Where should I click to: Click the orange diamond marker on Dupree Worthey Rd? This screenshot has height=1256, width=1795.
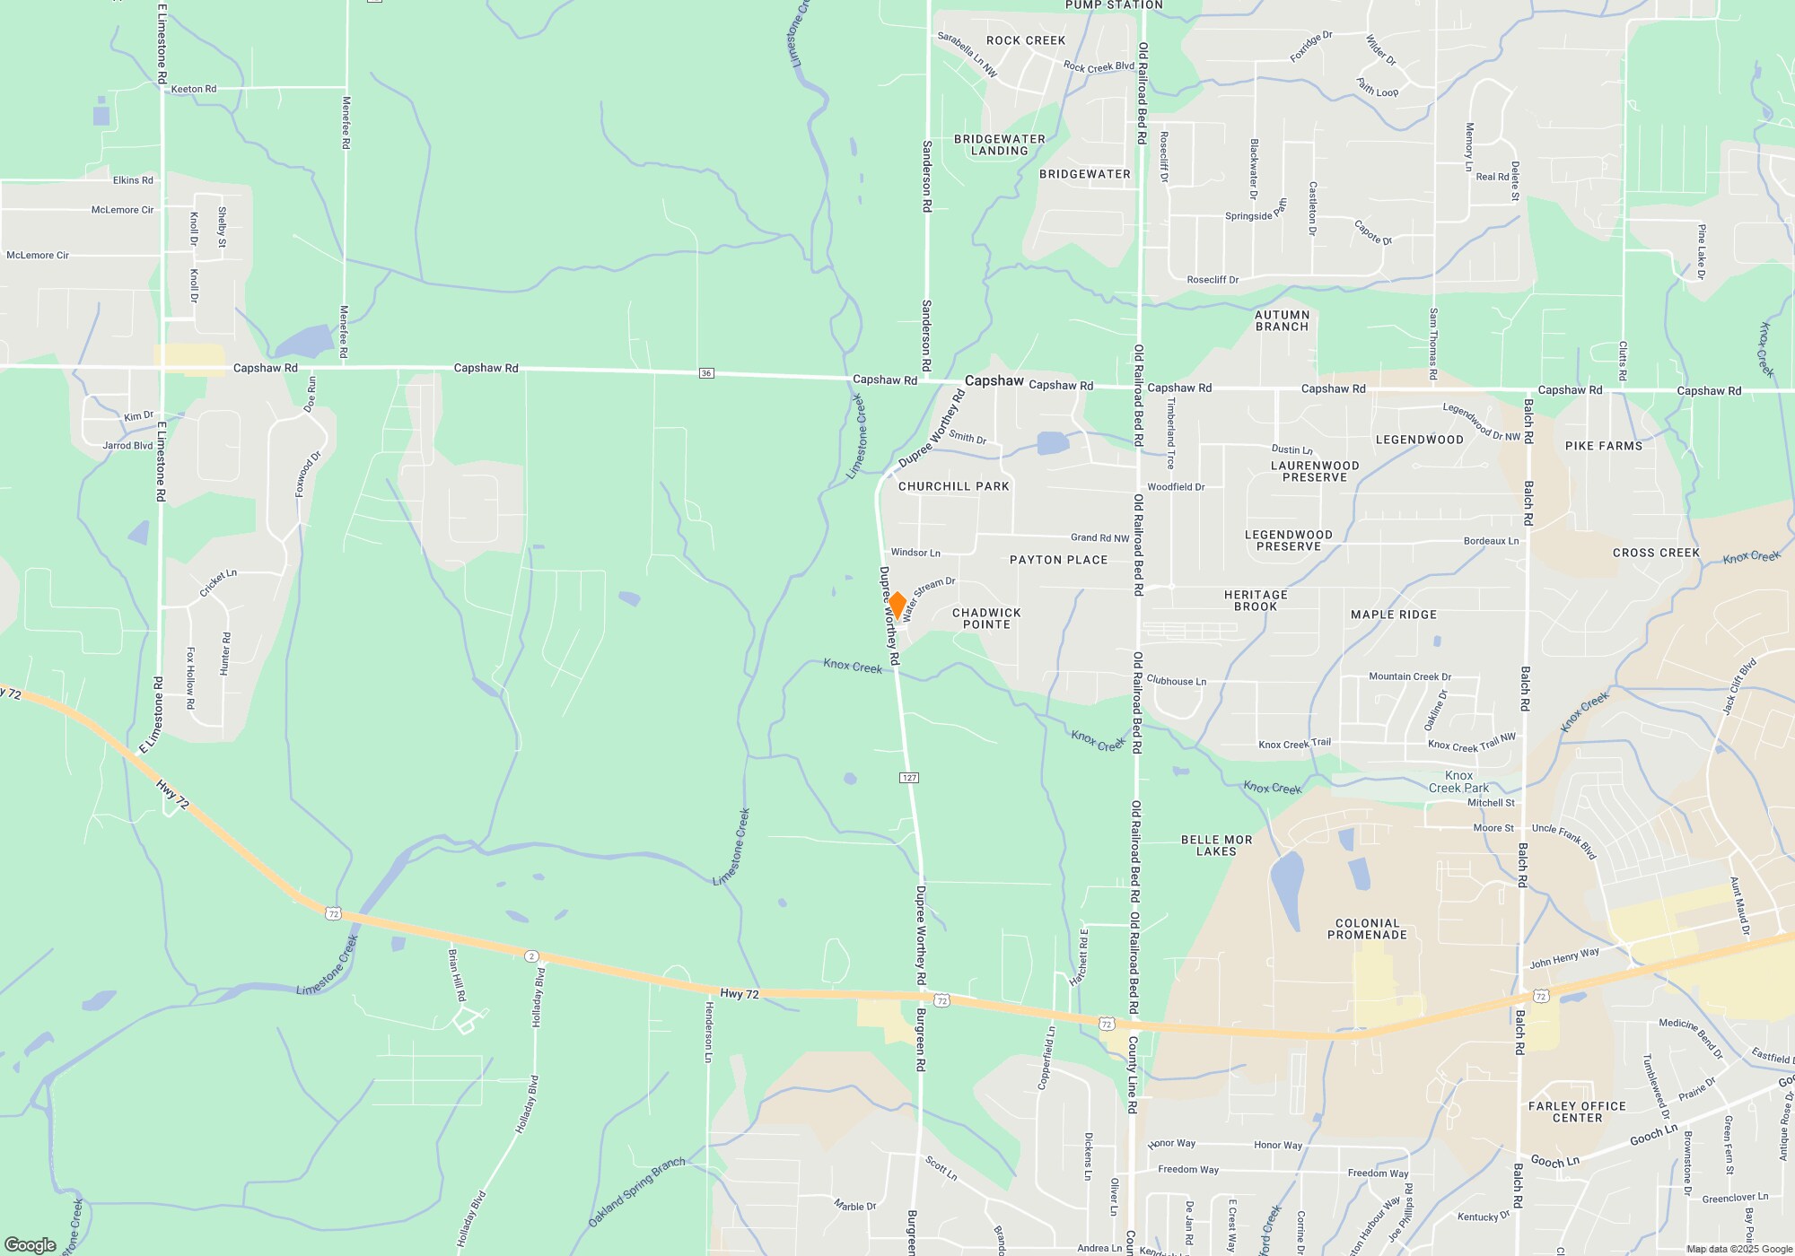pyautogui.click(x=896, y=605)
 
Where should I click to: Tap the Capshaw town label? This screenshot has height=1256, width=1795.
pyautogui.click(x=994, y=381)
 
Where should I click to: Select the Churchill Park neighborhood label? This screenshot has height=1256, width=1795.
pyautogui.click(x=953, y=486)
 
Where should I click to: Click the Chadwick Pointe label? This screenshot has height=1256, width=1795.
pyautogui.click(x=986, y=619)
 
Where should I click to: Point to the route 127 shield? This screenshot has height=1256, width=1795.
pyautogui.click(x=909, y=778)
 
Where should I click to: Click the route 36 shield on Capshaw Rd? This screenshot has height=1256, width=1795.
pyautogui.click(x=706, y=373)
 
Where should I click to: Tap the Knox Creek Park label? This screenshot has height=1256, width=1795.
pyautogui.click(x=1458, y=781)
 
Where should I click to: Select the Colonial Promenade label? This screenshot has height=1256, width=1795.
pyautogui.click(x=1367, y=929)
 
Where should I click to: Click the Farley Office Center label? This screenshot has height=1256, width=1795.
pyautogui.click(x=1577, y=1112)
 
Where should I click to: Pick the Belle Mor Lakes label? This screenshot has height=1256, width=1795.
pyautogui.click(x=1216, y=846)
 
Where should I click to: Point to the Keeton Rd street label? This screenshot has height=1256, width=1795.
pyautogui.click(x=194, y=89)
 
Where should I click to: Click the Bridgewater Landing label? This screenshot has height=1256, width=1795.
pyautogui.click(x=999, y=145)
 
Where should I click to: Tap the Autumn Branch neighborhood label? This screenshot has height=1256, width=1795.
pyautogui.click(x=1282, y=321)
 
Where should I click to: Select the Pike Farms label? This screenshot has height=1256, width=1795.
pyautogui.click(x=1603, y=446)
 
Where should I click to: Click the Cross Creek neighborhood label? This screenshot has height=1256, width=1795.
pyautogui.click(x=1656, y=553)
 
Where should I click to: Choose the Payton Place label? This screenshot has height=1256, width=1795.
pyautogui.click(x=1058, y=560)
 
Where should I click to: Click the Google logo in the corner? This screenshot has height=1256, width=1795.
pyautogui.click(x=31, y=1244)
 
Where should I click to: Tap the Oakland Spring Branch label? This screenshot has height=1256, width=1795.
pyautogui.click(x=636, y=1193)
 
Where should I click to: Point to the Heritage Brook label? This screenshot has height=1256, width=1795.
pyautogui.click(x=1256, y=601)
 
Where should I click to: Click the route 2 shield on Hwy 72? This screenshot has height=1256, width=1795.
pyautogui.click(x=531, y=956)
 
